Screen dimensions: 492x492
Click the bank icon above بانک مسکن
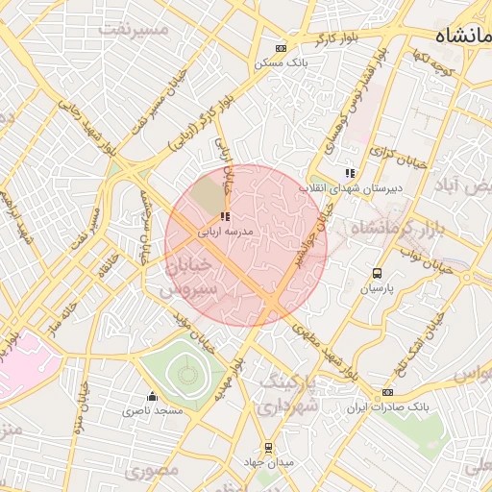[x=281, y=48]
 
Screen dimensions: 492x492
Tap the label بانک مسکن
[x=280, y=62]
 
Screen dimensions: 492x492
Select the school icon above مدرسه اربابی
[x=225, y=217]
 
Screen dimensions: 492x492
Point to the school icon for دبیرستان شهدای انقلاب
[x=350, y=173]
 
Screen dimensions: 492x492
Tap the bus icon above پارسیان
[x=376, y=273]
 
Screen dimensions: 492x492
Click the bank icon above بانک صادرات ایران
[x=387, y=392]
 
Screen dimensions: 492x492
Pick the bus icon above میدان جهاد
[x=268, y=447]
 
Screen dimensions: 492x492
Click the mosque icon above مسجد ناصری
[x=152, y=396]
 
